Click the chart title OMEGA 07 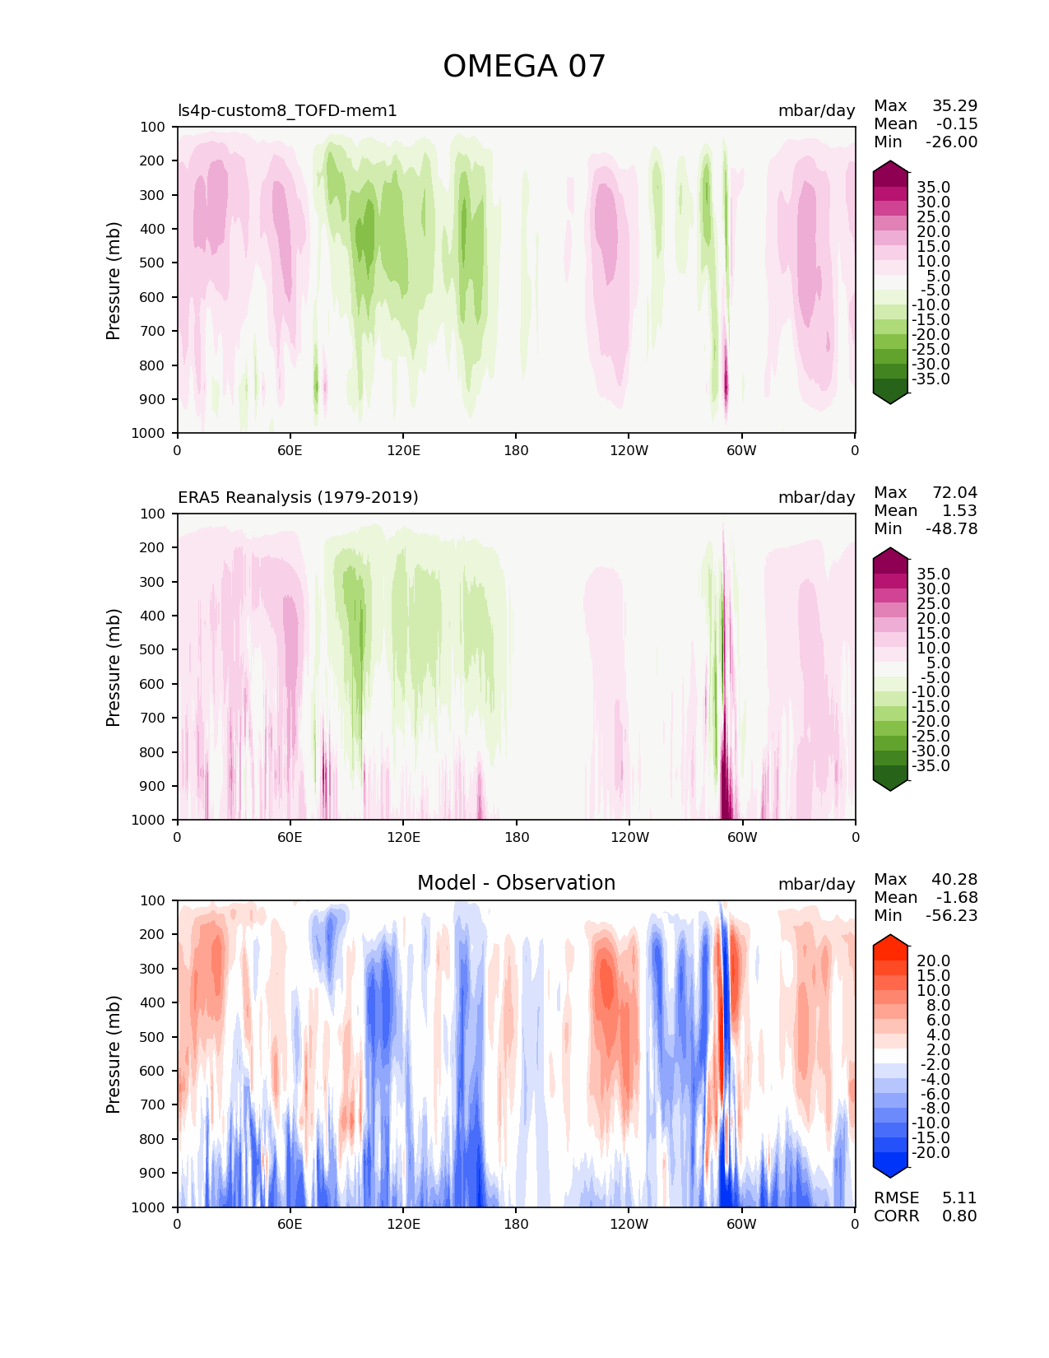[x=524, y=67]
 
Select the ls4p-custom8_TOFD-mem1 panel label [x=287, y=110]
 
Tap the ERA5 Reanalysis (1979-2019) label [x=298, y=497]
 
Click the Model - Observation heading [x=516, y=883]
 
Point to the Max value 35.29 [x=954, y=105]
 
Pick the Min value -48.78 [x=951, y=528]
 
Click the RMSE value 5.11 [x=959, y=1198]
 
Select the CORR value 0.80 [x=959, y=1216]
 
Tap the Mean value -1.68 [x=957, y=897]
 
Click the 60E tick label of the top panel [x=290, y=450]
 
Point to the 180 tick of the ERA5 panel [x=516, y=837]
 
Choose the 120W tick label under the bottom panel [x=629, y=1224]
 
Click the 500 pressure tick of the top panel [x=153, y=263]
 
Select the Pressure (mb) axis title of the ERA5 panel [x=114, y=667]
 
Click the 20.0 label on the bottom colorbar [x=933, y=960]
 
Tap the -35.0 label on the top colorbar [x=931, y=379]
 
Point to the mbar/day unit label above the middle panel [x=816, y=497]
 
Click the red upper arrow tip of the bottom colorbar [x=890, y=940]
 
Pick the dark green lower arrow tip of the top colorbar [x=890, y=399]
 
